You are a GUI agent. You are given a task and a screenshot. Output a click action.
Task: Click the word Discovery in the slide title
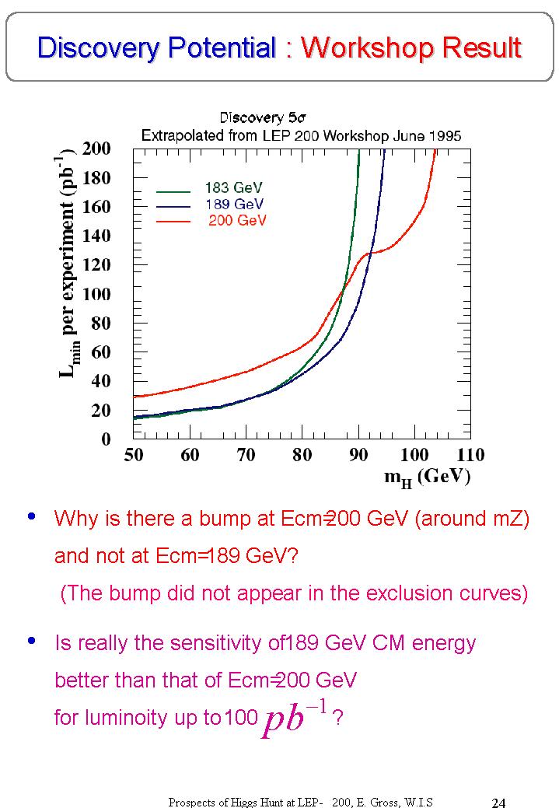pyautogui.click(x=93, y=48)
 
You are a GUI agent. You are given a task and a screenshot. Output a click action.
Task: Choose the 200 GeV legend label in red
pyautogui.click(x=237, y=220)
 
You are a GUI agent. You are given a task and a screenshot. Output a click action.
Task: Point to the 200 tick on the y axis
pyautogui.click(x=96, y=149)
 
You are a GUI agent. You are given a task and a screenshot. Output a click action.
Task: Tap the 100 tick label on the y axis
pyautogui.click(x=96, y=294)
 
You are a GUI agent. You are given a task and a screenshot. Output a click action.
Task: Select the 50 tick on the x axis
pyautogui.click(x=134, y=456)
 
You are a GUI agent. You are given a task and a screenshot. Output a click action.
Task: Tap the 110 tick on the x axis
pyautogui.click(x=470, y=456)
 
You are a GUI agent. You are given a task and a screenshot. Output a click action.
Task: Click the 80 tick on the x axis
pyautogui.click(x=302, y=456)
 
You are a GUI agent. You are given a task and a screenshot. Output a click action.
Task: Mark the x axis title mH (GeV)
pyautogui.click(x=427, y=477)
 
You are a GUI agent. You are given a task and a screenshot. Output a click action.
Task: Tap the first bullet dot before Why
pyautogui.click(x=31, y=516)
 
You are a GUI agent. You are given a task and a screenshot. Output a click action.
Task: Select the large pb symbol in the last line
pyautogui.click(x=283, y=720)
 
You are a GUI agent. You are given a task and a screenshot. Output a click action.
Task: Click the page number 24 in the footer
pyautogui.click(x=499, y=802)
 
